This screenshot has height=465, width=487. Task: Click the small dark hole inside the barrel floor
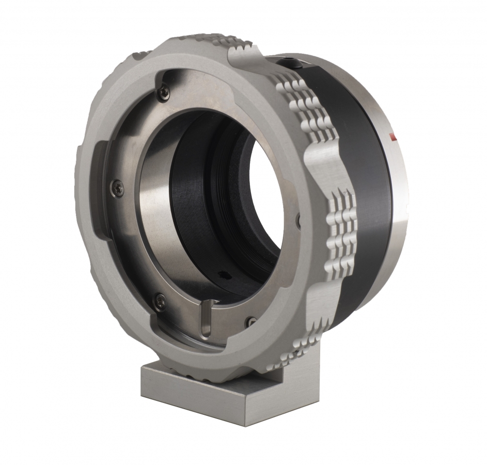coord(224,274)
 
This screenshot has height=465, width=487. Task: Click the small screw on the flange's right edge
coord(298,221)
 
